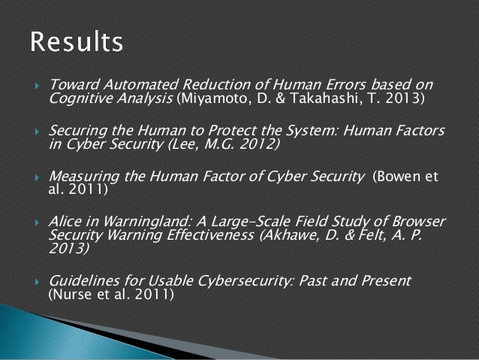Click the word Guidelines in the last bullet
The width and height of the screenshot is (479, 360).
(x=83, y=281)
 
